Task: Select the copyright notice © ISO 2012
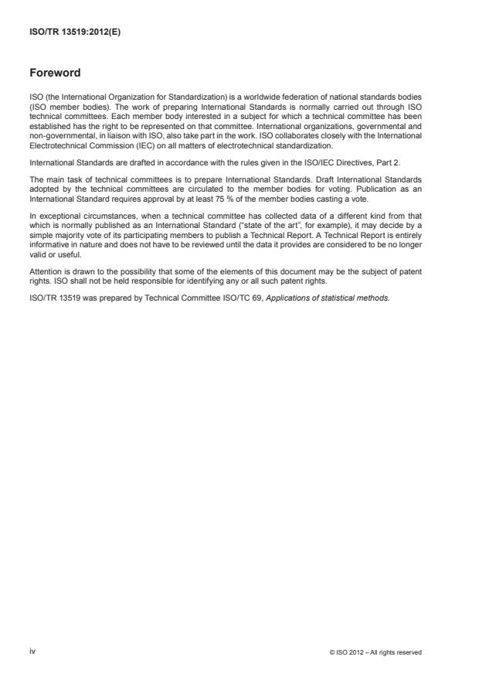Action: [x=375, y=652]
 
